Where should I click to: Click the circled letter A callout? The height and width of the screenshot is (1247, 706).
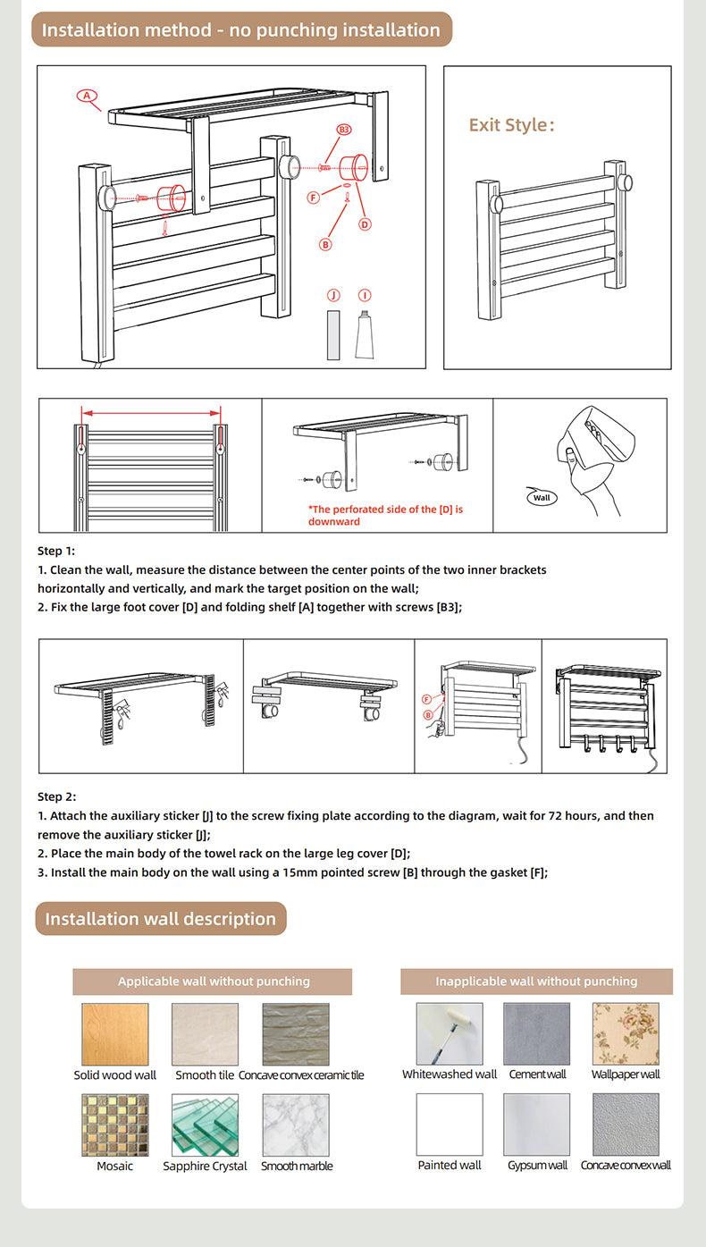tap(86, 96)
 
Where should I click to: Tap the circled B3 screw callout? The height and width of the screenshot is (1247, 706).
tap(344, 131)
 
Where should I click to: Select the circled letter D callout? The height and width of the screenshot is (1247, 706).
tap(365, 224)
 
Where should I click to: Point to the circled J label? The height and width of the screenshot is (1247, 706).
tap(333, 295)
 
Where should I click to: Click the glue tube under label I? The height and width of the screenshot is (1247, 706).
tap(365, 336)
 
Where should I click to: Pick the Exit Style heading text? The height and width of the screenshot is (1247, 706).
tap(512, 125)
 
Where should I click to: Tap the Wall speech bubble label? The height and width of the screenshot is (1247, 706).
tap(542, 497)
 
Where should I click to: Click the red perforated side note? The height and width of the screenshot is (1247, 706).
tap(386, 515)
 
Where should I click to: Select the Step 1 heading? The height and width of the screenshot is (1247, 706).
tap(56, 551)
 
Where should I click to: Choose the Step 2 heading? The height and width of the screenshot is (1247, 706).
tap(56, 796)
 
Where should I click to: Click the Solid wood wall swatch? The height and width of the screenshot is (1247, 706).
tap(114, 1034)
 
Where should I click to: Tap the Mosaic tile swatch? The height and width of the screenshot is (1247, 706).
tap(114, 1125)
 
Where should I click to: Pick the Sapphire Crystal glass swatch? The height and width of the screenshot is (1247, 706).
tap(205, 1125)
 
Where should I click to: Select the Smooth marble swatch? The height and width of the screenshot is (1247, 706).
tap(296, 1125)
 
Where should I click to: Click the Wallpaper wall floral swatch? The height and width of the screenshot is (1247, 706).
tap(626, 1034)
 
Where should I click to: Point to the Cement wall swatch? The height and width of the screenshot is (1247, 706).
tap(536, 1034)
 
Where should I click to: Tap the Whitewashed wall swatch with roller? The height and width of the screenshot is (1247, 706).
tap(450, 1034)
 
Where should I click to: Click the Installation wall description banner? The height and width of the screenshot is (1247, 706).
tap(161, 919)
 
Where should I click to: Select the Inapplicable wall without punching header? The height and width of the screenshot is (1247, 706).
tap(536, 982)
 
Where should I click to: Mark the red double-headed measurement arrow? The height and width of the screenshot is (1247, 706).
tap(151, 413)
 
